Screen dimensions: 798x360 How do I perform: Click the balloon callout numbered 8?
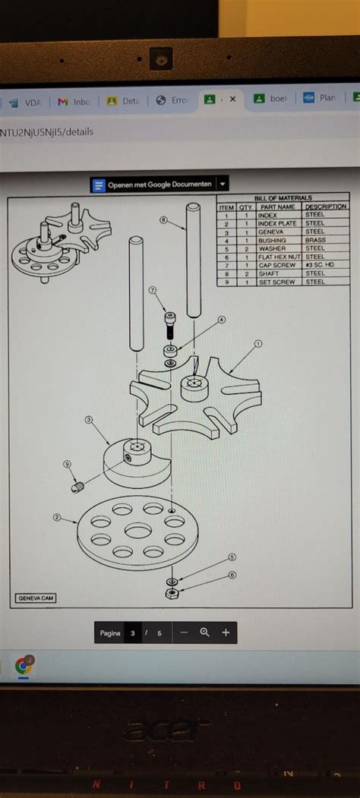[163, 220]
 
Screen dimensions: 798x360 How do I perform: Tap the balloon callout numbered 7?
[153, 290]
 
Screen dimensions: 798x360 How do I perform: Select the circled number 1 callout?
[257, 343]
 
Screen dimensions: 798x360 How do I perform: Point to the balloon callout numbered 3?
[89, 419]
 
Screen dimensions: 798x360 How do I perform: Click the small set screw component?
[77, 487]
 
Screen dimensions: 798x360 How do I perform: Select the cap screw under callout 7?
[170, 324]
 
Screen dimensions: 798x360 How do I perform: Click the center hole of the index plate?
[137, 531]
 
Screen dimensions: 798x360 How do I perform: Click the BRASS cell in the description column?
[315, 240]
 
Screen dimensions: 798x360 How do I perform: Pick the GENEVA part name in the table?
[271, 232]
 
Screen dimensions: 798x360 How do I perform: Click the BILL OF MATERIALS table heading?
[283, 197]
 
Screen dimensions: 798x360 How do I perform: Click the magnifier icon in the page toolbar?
[204, 632]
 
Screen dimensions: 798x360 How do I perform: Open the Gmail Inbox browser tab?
[74, 101]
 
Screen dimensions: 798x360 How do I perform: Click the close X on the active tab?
[232, 99]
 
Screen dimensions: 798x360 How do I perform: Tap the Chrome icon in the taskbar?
[24, 666]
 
